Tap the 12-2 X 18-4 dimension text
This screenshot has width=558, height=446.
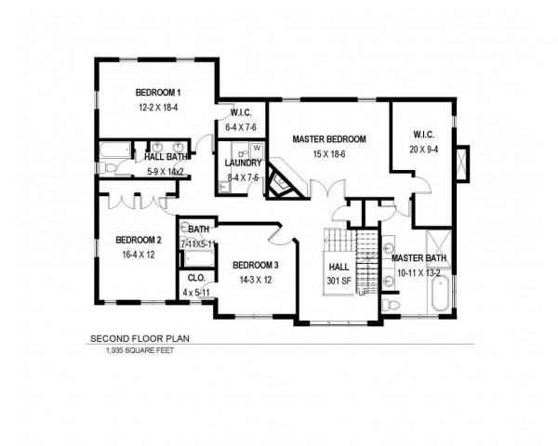click(158, 108)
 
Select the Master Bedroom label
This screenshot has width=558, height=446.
click(329, 139)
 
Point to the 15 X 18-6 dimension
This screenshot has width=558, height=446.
click(329, 154)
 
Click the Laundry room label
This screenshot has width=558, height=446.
click(243, 164)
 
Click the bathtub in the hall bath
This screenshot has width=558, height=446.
click(115, 150)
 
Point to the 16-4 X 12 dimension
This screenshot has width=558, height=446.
click(139, 255)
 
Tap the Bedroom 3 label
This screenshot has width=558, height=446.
click(256, 266)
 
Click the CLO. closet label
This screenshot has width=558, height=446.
click(196, 278)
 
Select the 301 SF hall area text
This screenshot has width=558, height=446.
click(339, 281)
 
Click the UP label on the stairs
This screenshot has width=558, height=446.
click(363, 293)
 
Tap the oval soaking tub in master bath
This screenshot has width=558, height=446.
click(441, 294)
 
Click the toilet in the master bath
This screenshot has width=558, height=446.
click(391, 305)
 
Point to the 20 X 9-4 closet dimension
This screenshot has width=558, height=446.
click(424, 150)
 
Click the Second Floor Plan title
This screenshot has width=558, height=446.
click(139, 338)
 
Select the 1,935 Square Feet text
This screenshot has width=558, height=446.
click(139, 350)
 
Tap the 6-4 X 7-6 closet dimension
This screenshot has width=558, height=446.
click(241, 127)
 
